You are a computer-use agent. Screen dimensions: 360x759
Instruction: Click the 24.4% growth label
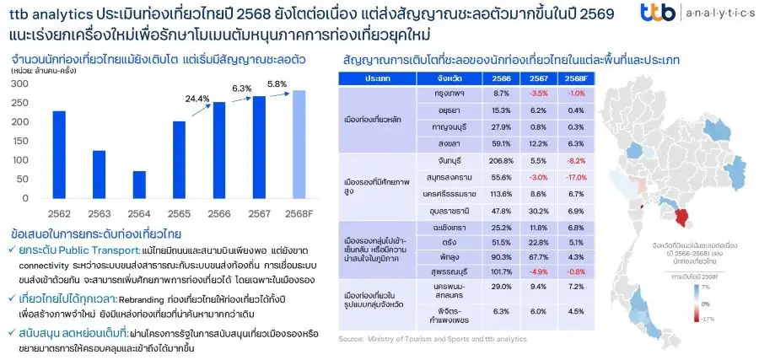pyautogui.click(x=198, y=99)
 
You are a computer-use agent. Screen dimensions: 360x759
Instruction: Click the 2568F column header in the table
pyautogui.click(x=575, y=78)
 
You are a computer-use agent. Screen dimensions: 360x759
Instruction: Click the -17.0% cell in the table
pyautogui.click(x=575, y=178)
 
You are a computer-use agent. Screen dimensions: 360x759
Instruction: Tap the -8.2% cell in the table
pyautogui.click(x=575, y=159)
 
